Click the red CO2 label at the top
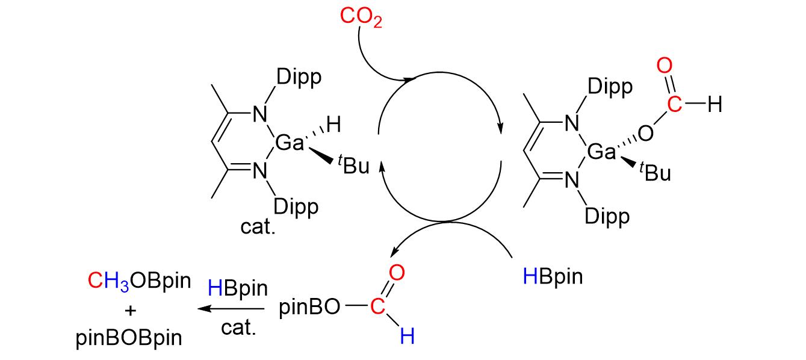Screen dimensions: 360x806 361,17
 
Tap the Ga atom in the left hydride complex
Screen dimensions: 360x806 288,143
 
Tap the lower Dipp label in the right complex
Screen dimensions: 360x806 609,216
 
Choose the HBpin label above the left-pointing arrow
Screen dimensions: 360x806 237,288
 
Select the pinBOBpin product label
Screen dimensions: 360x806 129,338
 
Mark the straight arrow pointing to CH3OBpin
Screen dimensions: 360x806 231,309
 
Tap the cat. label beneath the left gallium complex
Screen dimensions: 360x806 258,228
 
